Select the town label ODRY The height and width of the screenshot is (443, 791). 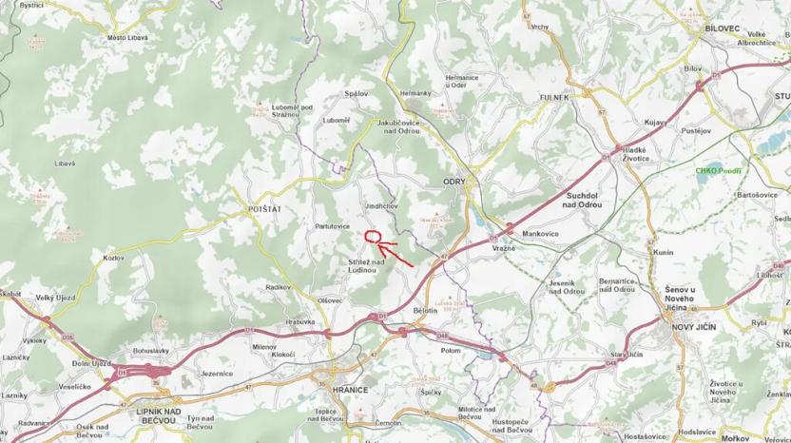tap(453, 180)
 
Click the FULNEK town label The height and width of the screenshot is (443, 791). tap(552, 97)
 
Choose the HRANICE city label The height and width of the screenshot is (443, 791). tap(349, 390)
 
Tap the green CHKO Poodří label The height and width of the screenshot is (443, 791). tap(718, 171)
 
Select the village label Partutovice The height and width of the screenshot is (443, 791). tap(333, 226)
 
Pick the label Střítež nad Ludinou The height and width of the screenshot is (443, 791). tap(366, 266)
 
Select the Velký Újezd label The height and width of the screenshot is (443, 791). tap(56, 298)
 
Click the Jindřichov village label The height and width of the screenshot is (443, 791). tap(383, 205)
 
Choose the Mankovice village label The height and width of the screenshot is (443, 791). tap(540, 233)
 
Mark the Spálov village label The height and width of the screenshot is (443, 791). tap(357, 93)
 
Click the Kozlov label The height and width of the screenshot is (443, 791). tap(113, 258)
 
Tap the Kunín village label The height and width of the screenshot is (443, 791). tap(664, 252)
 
